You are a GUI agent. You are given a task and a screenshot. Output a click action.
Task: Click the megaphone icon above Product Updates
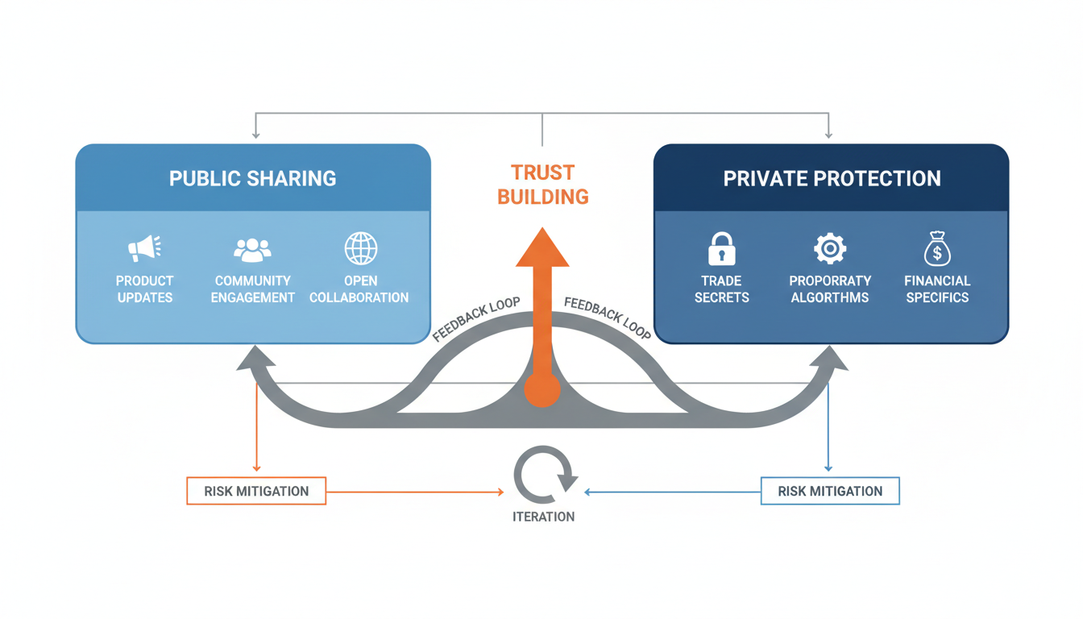coord(144,248)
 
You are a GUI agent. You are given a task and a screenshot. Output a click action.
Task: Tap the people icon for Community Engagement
coord(252,249)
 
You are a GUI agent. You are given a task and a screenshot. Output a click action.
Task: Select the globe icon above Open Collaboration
coord(360,248)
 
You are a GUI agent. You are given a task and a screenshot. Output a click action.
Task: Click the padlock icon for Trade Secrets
coord(721,249)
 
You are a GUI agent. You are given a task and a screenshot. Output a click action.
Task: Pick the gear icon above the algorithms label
coord(829,248)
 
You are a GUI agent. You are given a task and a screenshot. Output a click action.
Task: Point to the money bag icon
coord(937,249)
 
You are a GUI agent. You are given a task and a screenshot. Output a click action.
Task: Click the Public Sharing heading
coord(252,178)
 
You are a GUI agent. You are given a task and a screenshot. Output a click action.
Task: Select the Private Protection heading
coord(832,178)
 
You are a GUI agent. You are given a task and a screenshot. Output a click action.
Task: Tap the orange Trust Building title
coord(542,185)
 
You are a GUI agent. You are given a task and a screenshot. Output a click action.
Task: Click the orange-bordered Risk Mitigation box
coord(256,491)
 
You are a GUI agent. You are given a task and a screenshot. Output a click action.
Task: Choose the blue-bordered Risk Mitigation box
coord(830,491)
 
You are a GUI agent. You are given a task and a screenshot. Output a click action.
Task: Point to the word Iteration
coord(544,517)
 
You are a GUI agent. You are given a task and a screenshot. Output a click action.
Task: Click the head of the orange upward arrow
coord(542,248)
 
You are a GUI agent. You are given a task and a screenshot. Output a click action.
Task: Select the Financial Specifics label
coord(937,289)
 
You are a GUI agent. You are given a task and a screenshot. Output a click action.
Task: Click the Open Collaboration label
coord(359,289)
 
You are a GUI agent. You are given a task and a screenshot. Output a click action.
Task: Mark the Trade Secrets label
coord(721,289)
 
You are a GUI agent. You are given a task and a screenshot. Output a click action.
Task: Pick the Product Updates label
coord(144,289)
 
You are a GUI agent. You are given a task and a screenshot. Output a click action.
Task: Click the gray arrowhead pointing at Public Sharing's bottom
coord(255,359)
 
